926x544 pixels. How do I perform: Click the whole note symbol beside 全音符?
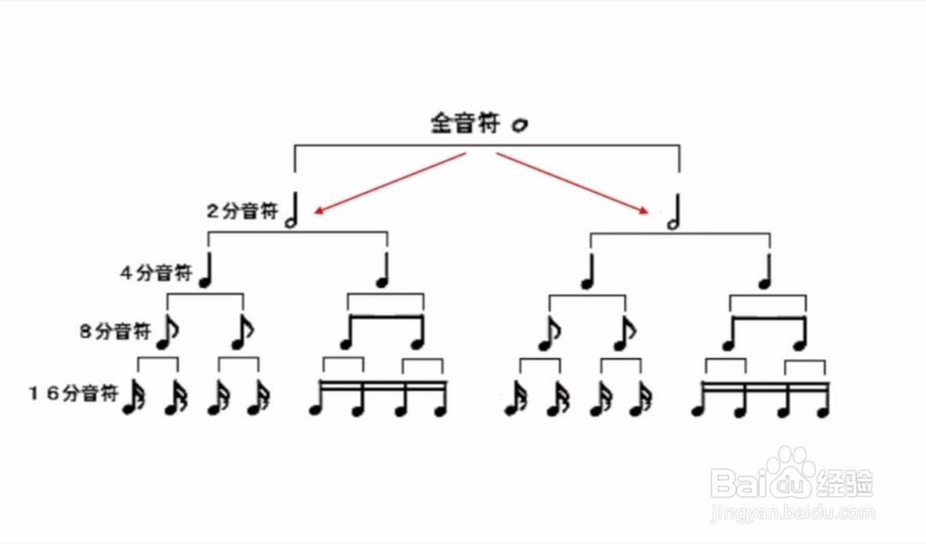click(x=519, y=124)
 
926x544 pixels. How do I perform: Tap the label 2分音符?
click(x=242, y=211)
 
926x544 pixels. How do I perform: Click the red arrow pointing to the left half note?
click(x=389, y=184)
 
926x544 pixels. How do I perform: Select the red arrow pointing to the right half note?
click(x=574, y=184)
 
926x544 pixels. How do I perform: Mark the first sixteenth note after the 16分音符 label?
click(x=132, y=397)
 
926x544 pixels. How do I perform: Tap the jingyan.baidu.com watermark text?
click(x=792, y=512)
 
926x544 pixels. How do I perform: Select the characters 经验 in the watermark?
click(x=845, y=482)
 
